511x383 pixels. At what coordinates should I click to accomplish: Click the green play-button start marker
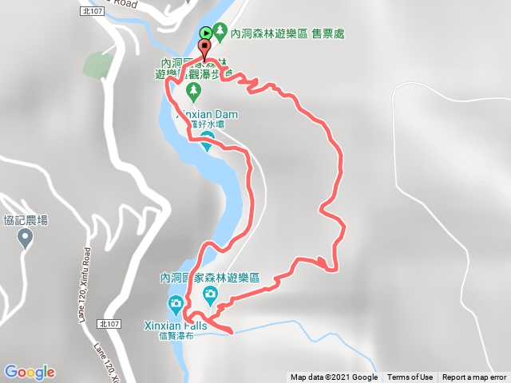206,33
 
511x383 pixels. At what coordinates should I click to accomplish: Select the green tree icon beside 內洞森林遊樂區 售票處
220,33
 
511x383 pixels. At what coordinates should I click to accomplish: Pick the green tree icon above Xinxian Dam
191,98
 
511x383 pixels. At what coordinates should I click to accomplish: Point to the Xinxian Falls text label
175,325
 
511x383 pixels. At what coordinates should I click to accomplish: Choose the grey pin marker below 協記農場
25,237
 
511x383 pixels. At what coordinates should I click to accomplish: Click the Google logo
30,372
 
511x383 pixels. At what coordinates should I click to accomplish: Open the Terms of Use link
410,377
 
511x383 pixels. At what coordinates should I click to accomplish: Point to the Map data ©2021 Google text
334,377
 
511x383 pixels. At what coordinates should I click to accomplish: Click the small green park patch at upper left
96,65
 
